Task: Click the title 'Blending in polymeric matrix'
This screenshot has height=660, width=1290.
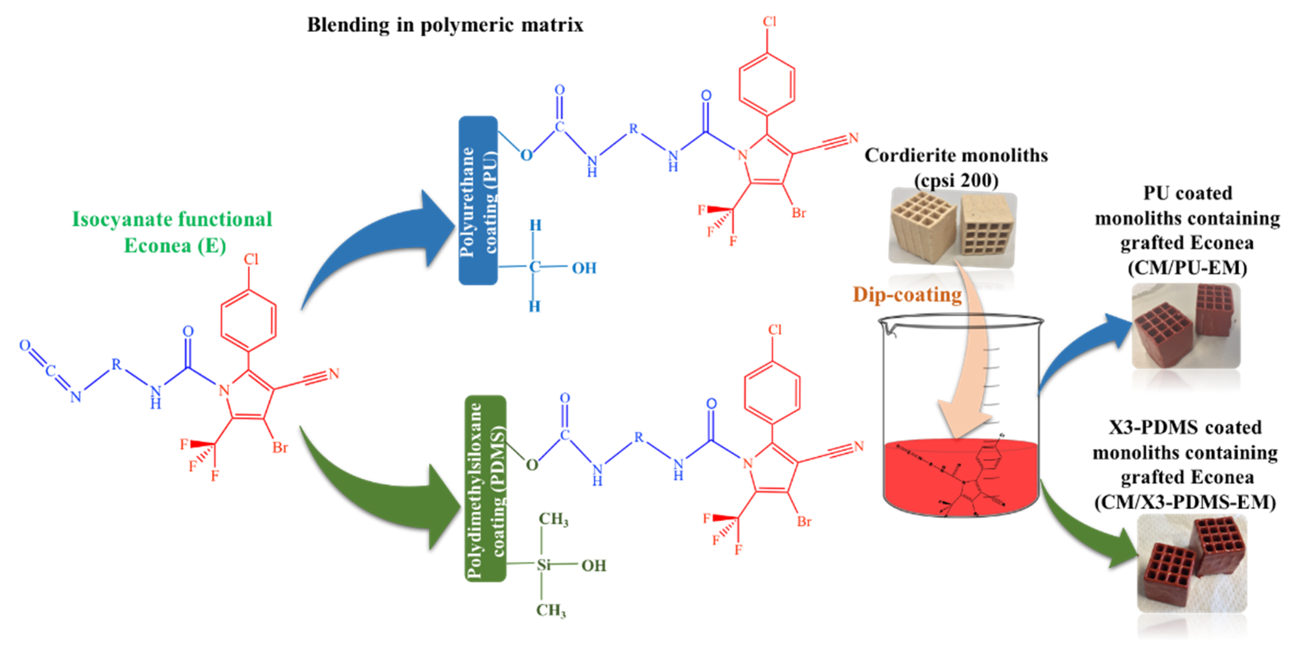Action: coord(445,25)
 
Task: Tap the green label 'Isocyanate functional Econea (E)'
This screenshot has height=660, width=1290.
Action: coord(172,232)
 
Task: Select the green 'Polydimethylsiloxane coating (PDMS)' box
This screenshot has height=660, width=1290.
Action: coord(485,489)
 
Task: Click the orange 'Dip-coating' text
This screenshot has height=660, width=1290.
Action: coord(907,295)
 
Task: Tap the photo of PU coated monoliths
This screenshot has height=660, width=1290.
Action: coord(1185,326)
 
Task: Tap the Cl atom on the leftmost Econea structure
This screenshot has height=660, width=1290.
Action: coord(251,259)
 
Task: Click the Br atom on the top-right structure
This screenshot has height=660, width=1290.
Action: coord(799,213)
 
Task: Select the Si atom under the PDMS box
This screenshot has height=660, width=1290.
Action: coord(543,565)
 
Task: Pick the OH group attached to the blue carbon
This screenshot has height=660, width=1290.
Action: coord(584,268)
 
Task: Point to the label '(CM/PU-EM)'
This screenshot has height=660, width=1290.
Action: coord(1187,268)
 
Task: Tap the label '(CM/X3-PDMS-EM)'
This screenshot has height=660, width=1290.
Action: coord(1185,502)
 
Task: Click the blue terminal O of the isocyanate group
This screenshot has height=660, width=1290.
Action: coord(24,345)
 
